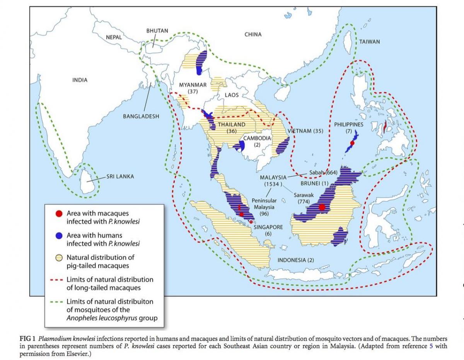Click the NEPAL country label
113,37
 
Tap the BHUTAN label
157,31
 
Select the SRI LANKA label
120,176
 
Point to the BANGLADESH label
141,116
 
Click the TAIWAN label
369,41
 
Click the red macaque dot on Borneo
322,207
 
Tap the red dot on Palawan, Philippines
352,143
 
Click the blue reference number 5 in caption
432,346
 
